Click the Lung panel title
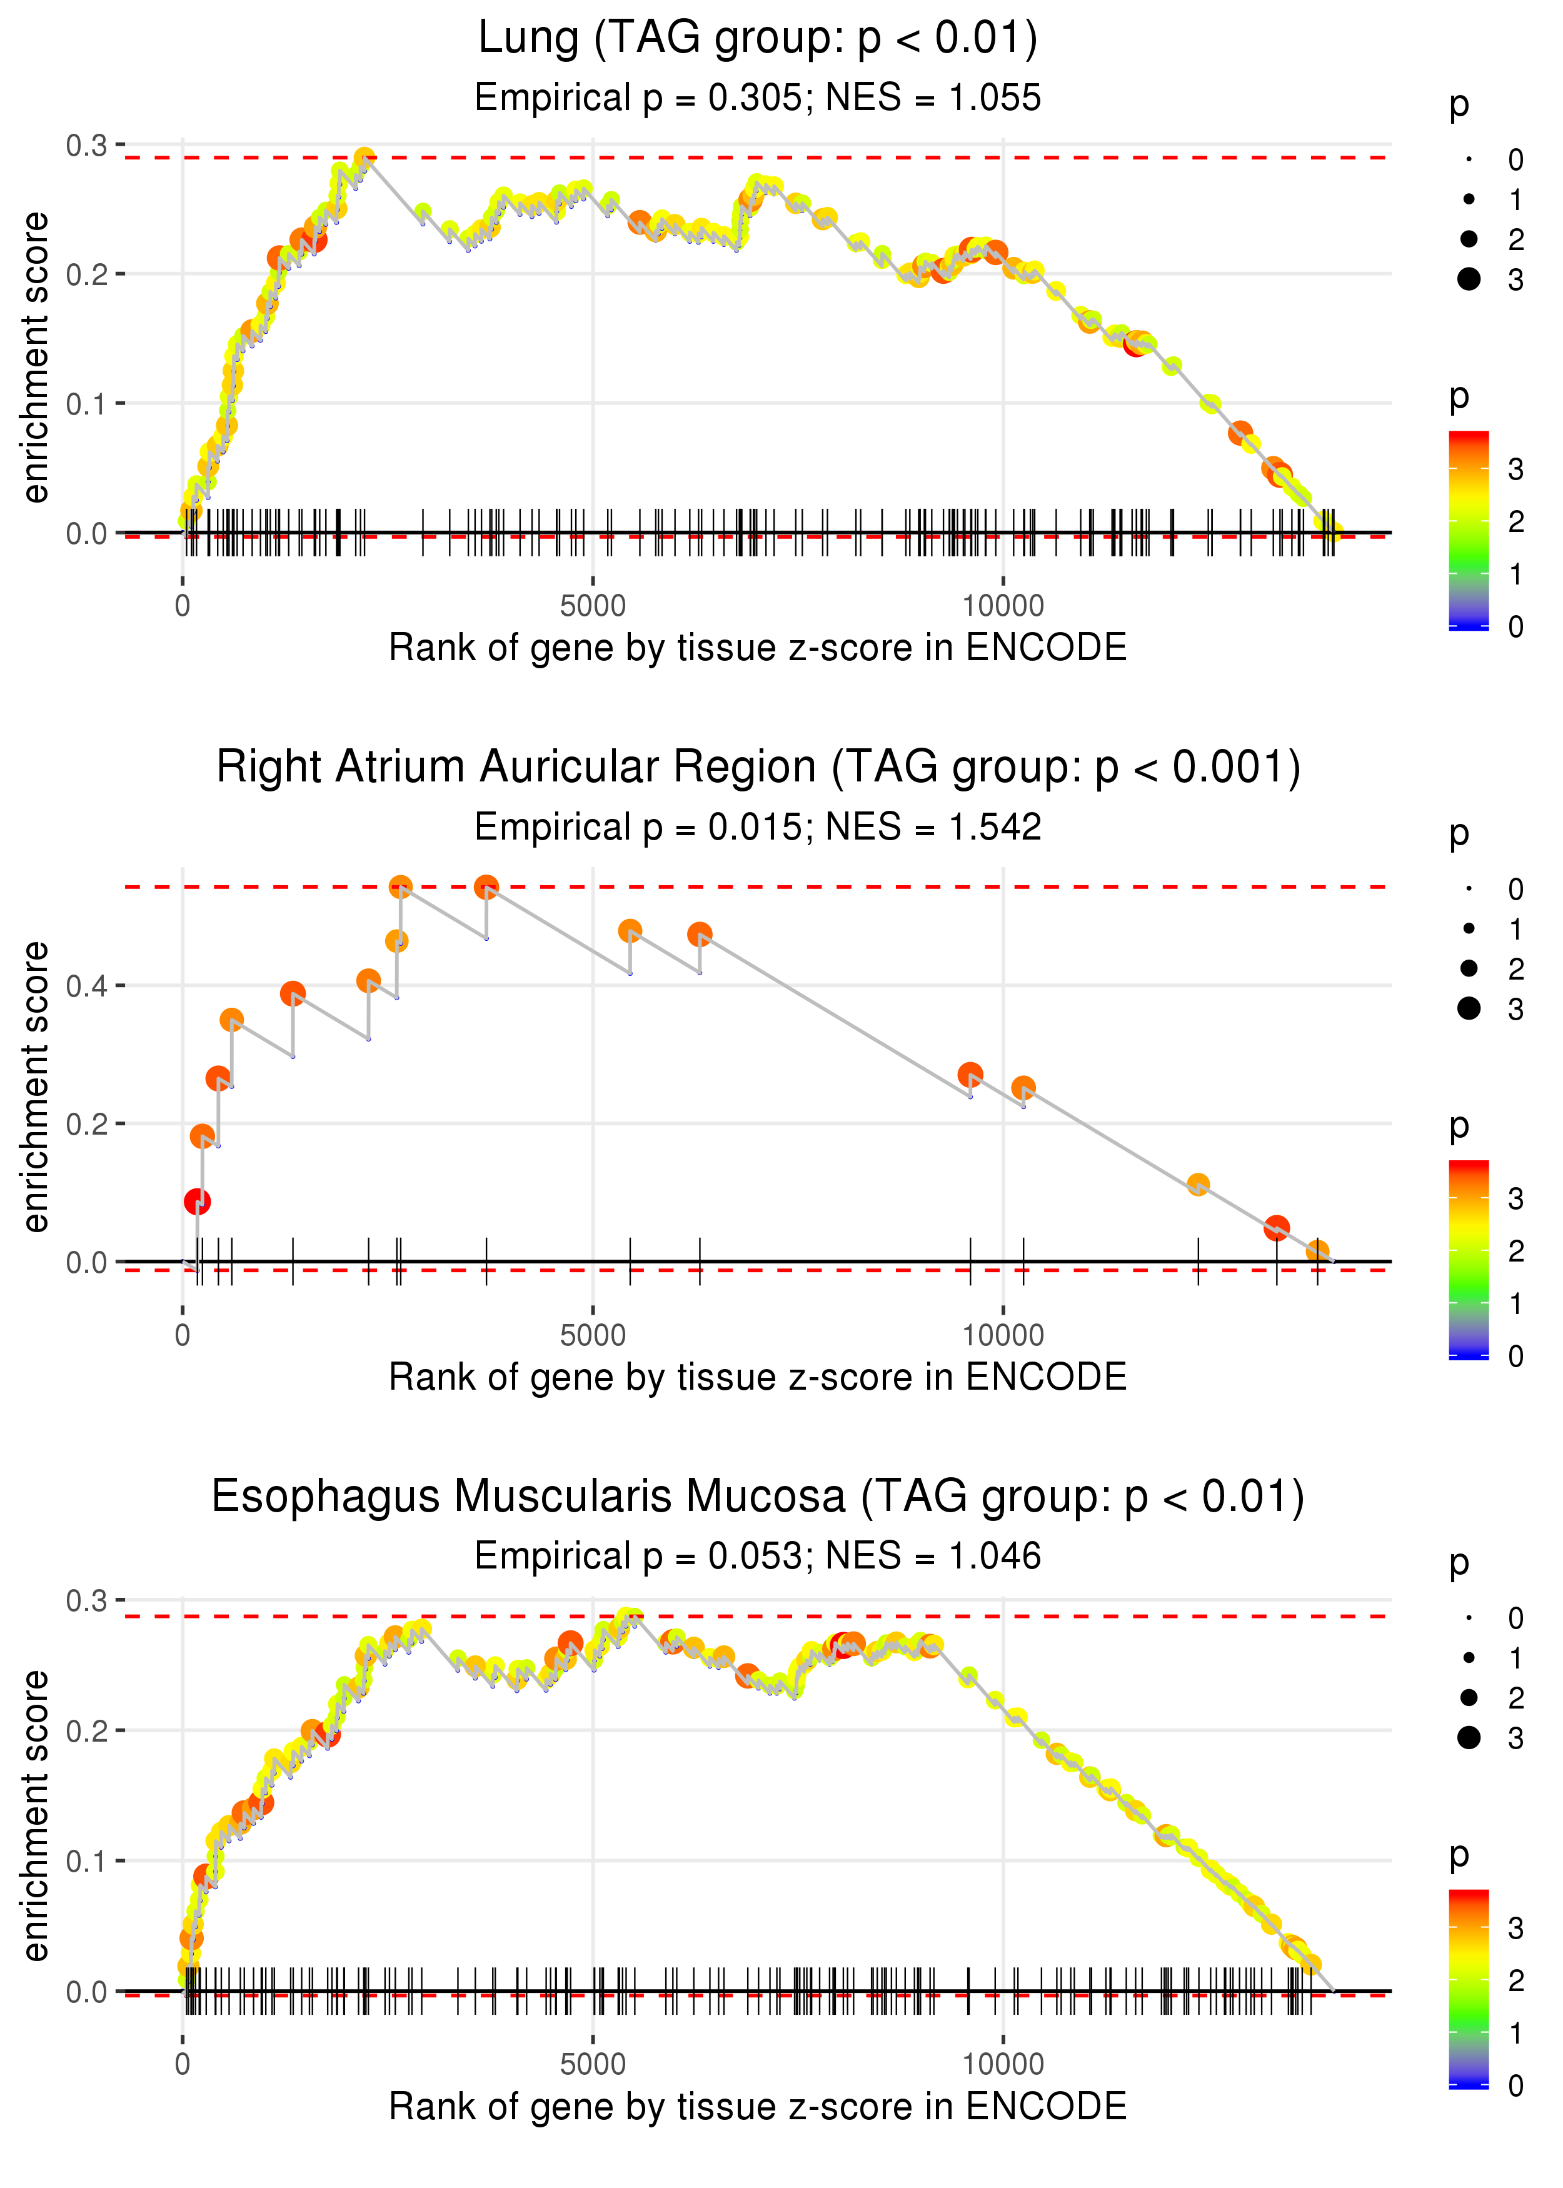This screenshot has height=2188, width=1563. [x=758, y=39]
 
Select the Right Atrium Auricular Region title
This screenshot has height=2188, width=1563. [x=758, y=768]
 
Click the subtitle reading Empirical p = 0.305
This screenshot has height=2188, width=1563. [x=758, y=98]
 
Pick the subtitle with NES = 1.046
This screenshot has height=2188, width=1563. [x=758, y=1557]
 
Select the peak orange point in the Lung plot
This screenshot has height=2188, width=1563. [x=364, y=158]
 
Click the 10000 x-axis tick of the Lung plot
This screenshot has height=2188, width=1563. [x=1003, y=606]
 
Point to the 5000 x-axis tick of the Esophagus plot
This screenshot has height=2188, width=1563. [x=593, y=2065]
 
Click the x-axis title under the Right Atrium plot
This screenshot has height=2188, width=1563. [x=758, y=1378]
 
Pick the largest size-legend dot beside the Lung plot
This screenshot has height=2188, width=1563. [x=1469, y=279]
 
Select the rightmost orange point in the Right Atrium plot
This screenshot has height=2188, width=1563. [x=1317, y=1252]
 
